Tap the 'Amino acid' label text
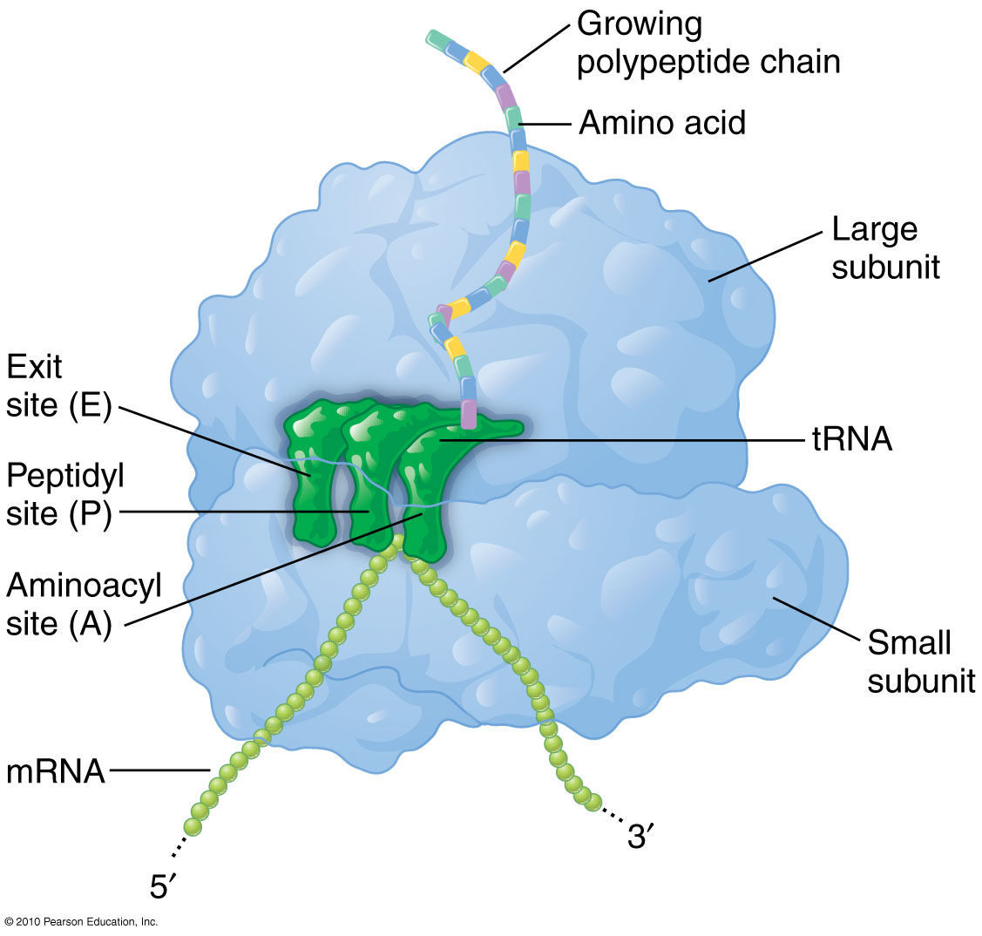point(662,123)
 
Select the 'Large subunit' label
point(884,248)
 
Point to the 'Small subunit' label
point(920,661)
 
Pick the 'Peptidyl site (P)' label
point(64,495)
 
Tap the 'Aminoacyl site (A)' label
point(84,605)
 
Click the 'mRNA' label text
point(55,772)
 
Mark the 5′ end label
point(163,886)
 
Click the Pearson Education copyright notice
point(80,921)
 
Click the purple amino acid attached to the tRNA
point(470,413)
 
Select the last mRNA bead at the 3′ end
point(593,802)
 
